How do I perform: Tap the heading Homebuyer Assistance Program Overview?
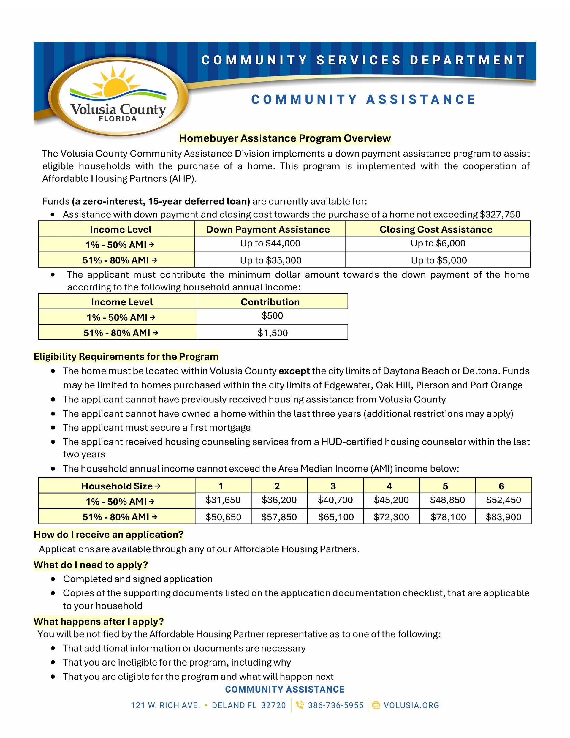(284, 138)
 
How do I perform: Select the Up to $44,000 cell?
(270, 243)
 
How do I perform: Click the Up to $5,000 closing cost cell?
(438, 260)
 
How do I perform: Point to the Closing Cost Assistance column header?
(436, 230)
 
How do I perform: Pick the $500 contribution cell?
(272, 316)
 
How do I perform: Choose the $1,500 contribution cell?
(272, 333)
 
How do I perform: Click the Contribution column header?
(270, 302)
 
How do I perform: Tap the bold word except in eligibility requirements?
(294, 371)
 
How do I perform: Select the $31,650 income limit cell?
(223, 500)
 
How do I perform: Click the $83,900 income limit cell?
(503, 517)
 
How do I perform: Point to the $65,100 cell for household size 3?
(336, 517)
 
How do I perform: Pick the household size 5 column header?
(445, 486)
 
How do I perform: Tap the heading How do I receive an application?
(108, 535)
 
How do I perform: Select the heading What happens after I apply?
(99, 621)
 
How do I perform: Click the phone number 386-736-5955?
(335, 705)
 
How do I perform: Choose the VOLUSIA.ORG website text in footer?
(411, 705)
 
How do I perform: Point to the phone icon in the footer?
(299, 705)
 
